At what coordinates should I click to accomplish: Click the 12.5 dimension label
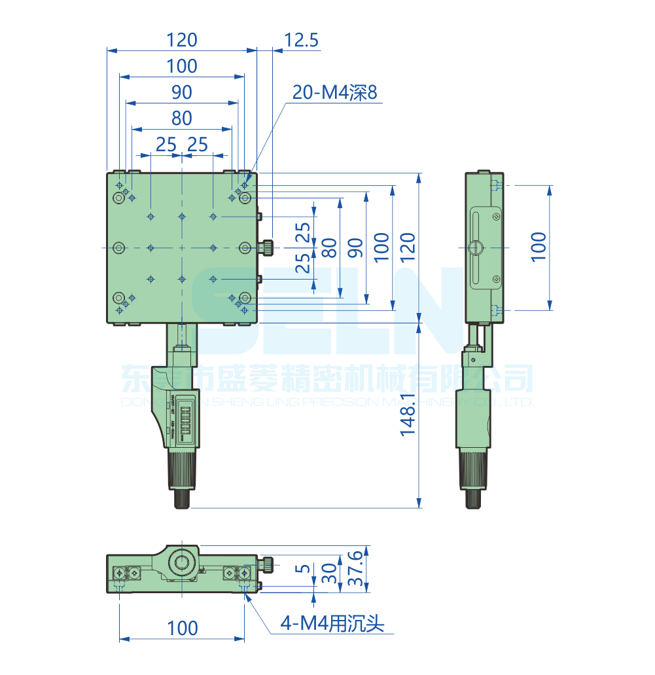point(301,41)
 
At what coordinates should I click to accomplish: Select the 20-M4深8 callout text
point(335,93)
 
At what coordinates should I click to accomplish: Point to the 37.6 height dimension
point(355,568)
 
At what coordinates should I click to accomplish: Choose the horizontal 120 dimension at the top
point(181,41)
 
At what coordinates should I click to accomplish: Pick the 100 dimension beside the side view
point(538,247)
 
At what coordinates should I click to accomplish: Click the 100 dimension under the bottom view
point(182,629)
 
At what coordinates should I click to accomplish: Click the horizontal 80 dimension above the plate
point(181,119)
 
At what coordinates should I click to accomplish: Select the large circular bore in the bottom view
point(181,562)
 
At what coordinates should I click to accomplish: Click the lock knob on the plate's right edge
point(268,247)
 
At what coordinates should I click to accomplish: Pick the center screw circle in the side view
point(476,247)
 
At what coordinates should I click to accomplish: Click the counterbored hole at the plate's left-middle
point(118,247)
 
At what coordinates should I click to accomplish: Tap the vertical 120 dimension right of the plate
point(407,247)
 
